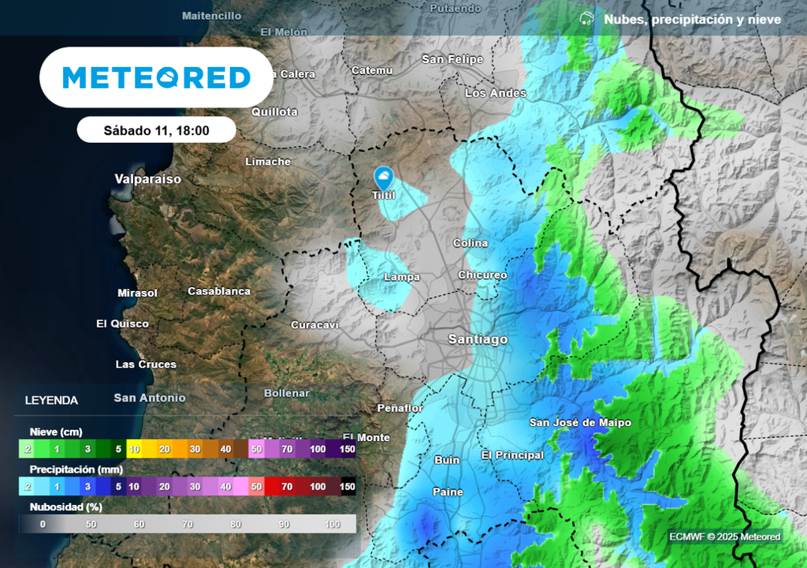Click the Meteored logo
click(x=156, y=77)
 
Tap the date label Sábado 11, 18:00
click(x=156, y=130)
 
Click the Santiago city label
click(x=478, y=339)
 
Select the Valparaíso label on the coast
click(x=147, y=179)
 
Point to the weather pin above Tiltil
click(x=384, y=177)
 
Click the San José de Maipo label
click(x=580, y=423)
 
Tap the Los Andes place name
click(x=496, y=93)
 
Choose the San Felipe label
click(x=452, y=59)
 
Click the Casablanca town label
click(x=219, y=291)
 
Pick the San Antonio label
click(x=150, y=398)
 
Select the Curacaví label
click(x=314, y=325)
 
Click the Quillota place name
click(x=274, y=112)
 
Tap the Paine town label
click(x=448, y=491)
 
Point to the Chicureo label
click(x=482, y=275)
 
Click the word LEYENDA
click(x=51, y=401)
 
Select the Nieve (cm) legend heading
click(x=56, y=432)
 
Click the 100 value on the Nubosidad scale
click(x=332, y=524)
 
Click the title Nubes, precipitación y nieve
click(x=692, y=20)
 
